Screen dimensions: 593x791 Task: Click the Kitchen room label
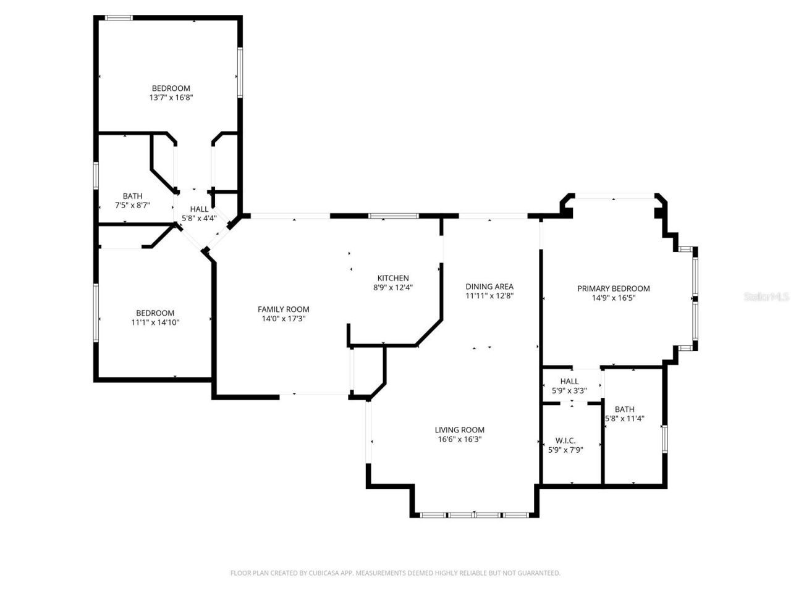[393, 278]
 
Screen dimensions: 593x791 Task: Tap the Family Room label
[283, 309]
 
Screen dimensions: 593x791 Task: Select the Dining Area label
[489, 287]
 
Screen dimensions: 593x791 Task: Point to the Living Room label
[459, 430]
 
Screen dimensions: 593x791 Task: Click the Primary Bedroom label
[613, 288]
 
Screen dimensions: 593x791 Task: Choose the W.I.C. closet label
[565, 440]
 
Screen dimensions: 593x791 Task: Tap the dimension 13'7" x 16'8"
[171, 98]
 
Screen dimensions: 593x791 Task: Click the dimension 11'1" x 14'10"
[155, 322]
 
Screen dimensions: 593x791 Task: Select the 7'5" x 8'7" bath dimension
[132, 205]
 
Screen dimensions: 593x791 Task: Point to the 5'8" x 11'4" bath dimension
[624, 418]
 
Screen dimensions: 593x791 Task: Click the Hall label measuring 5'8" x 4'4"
[199, 209]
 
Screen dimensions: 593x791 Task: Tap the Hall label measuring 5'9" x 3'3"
[569, 381]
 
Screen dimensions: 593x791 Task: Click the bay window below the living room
[474, 515]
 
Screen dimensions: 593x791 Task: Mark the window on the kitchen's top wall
[394, 216]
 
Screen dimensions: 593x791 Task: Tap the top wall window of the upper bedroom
[119, 18]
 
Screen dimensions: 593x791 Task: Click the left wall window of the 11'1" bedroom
[96, 312]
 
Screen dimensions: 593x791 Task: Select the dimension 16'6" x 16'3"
[459, 440]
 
